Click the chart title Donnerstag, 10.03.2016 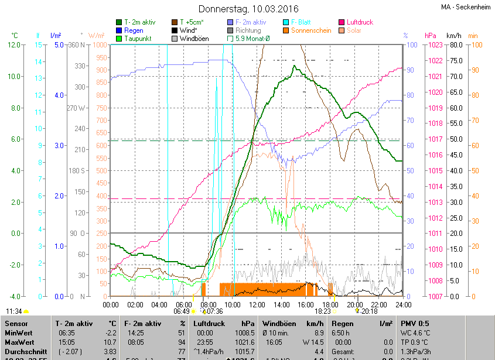(x=248, y=9)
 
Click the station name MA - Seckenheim (x=466, y=7)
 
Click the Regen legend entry (x=134, y=30)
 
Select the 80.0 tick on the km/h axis (x=455, y=45)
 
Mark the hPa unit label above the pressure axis (x=431, y=36)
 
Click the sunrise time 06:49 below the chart (x=181, y=311)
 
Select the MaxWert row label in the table (x=19, y=341)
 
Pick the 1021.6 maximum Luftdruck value (x=243, y=341)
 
